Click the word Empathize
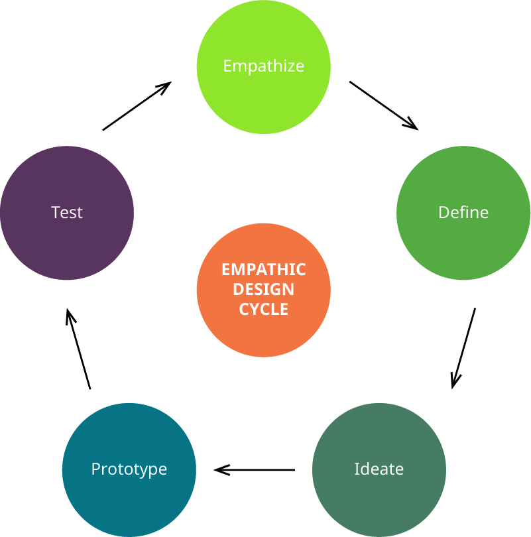263,66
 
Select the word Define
463,212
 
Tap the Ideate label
379,469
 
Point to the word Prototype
129,469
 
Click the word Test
66,212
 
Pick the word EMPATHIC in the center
263,270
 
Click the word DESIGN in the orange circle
263,290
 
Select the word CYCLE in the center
263,309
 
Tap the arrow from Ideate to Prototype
255,469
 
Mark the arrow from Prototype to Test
78,348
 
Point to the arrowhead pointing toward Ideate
455,381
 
